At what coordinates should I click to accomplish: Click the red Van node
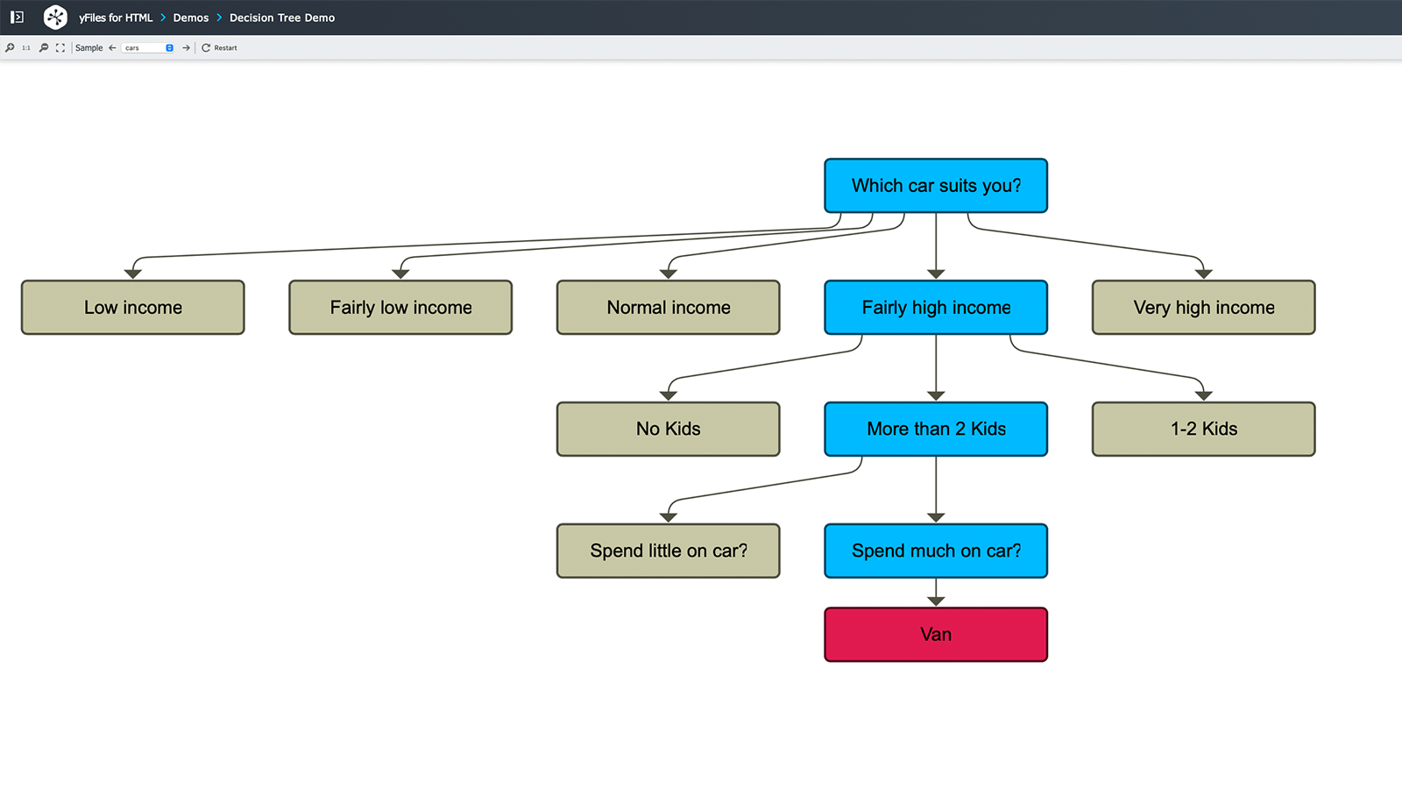pyautogui.click(x=935, y=635)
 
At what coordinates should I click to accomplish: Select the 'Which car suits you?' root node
pyautogui.click(x=935, y=186)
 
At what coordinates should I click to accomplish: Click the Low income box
pyautogui.click(x=133, y=308)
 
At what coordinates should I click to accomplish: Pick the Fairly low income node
pyautogui.click(x=400, y=308)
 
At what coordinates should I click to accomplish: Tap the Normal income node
pyautogui.click(x=668, y=308)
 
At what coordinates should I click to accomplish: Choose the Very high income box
pyautogui.click(x=1203, y=308)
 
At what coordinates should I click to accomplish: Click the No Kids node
pyautogui.click(x=668, y=429)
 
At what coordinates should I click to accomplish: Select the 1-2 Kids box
pyautogui.click(x=1203, y=429)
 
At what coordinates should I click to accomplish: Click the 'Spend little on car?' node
pyautogui.click(x=668, y=551)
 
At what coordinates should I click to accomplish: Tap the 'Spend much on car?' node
pyautogui.click(x=935, y=551)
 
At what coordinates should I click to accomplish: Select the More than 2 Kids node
pyautogui.click(x=935, y=429)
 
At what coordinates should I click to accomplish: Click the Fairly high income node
pyautogui.click(x=935, y=308)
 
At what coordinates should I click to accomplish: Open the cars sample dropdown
pyautogui.click(x=148, y=48)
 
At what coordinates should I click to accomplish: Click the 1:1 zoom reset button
pyautogui.click(x=26, y=48)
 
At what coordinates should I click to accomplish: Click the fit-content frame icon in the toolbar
pyautogui.click(x=60, y=48)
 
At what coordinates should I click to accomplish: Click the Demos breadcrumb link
pyautogui.click(x=190, y=18)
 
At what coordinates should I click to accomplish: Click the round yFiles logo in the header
pyautogui.click(x=55, y=17)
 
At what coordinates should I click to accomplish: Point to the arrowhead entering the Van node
pyautogui.click(x=936, y=601)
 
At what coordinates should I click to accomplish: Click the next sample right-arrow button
pyautogui.click(x=186, y=48)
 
